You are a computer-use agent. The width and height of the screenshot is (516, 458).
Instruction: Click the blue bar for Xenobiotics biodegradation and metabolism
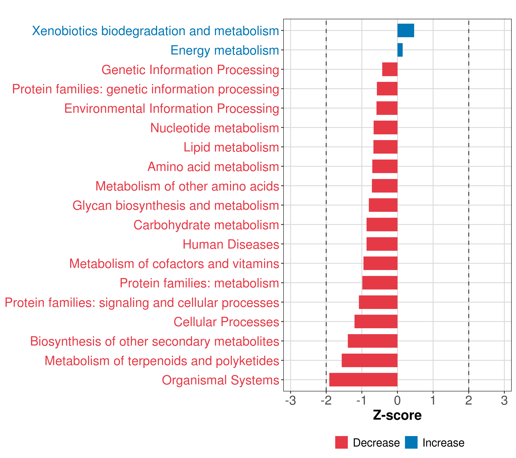point(406,31)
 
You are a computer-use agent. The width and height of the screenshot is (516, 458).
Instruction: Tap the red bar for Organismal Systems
point(363,380)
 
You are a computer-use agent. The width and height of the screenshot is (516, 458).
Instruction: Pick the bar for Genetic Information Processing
point(390,69)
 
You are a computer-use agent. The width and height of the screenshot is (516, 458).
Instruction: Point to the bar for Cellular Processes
point(376,321)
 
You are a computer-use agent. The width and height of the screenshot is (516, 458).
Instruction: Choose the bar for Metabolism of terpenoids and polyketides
point(370,360)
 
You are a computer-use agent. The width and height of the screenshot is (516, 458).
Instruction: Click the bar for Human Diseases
point(382,244)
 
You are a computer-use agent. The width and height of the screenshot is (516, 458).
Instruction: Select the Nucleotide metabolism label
point(215,128)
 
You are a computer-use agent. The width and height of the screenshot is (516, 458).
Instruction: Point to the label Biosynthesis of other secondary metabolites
point(154,341)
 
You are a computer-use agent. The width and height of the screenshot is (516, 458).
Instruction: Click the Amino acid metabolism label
point(213,167)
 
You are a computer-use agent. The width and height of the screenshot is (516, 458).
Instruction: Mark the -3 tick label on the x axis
point(290,401)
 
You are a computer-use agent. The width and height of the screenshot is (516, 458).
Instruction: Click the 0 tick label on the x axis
point(397,401)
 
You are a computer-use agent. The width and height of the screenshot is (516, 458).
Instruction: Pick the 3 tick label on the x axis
point(504,401)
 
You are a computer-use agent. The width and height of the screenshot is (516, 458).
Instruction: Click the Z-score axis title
point(397,415)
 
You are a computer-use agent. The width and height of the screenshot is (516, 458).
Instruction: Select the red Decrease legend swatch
point(341,442)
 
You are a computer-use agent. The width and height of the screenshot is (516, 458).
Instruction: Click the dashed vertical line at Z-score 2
point(469,202)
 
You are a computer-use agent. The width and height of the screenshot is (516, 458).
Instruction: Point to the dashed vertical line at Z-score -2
point(326,202)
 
